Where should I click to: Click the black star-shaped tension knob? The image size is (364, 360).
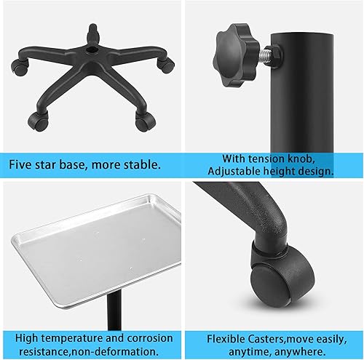pyautogui.click(x=232, y=48)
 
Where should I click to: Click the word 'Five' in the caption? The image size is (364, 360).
pyautogui.click(x=22, y=164)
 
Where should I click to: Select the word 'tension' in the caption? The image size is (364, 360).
pyautogui.click(x=263, y=159)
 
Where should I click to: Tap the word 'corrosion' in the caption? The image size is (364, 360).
pyautogui.click(x=149, y=338)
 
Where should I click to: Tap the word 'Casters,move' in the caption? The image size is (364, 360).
pyautogui.click(x=286, y=338)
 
